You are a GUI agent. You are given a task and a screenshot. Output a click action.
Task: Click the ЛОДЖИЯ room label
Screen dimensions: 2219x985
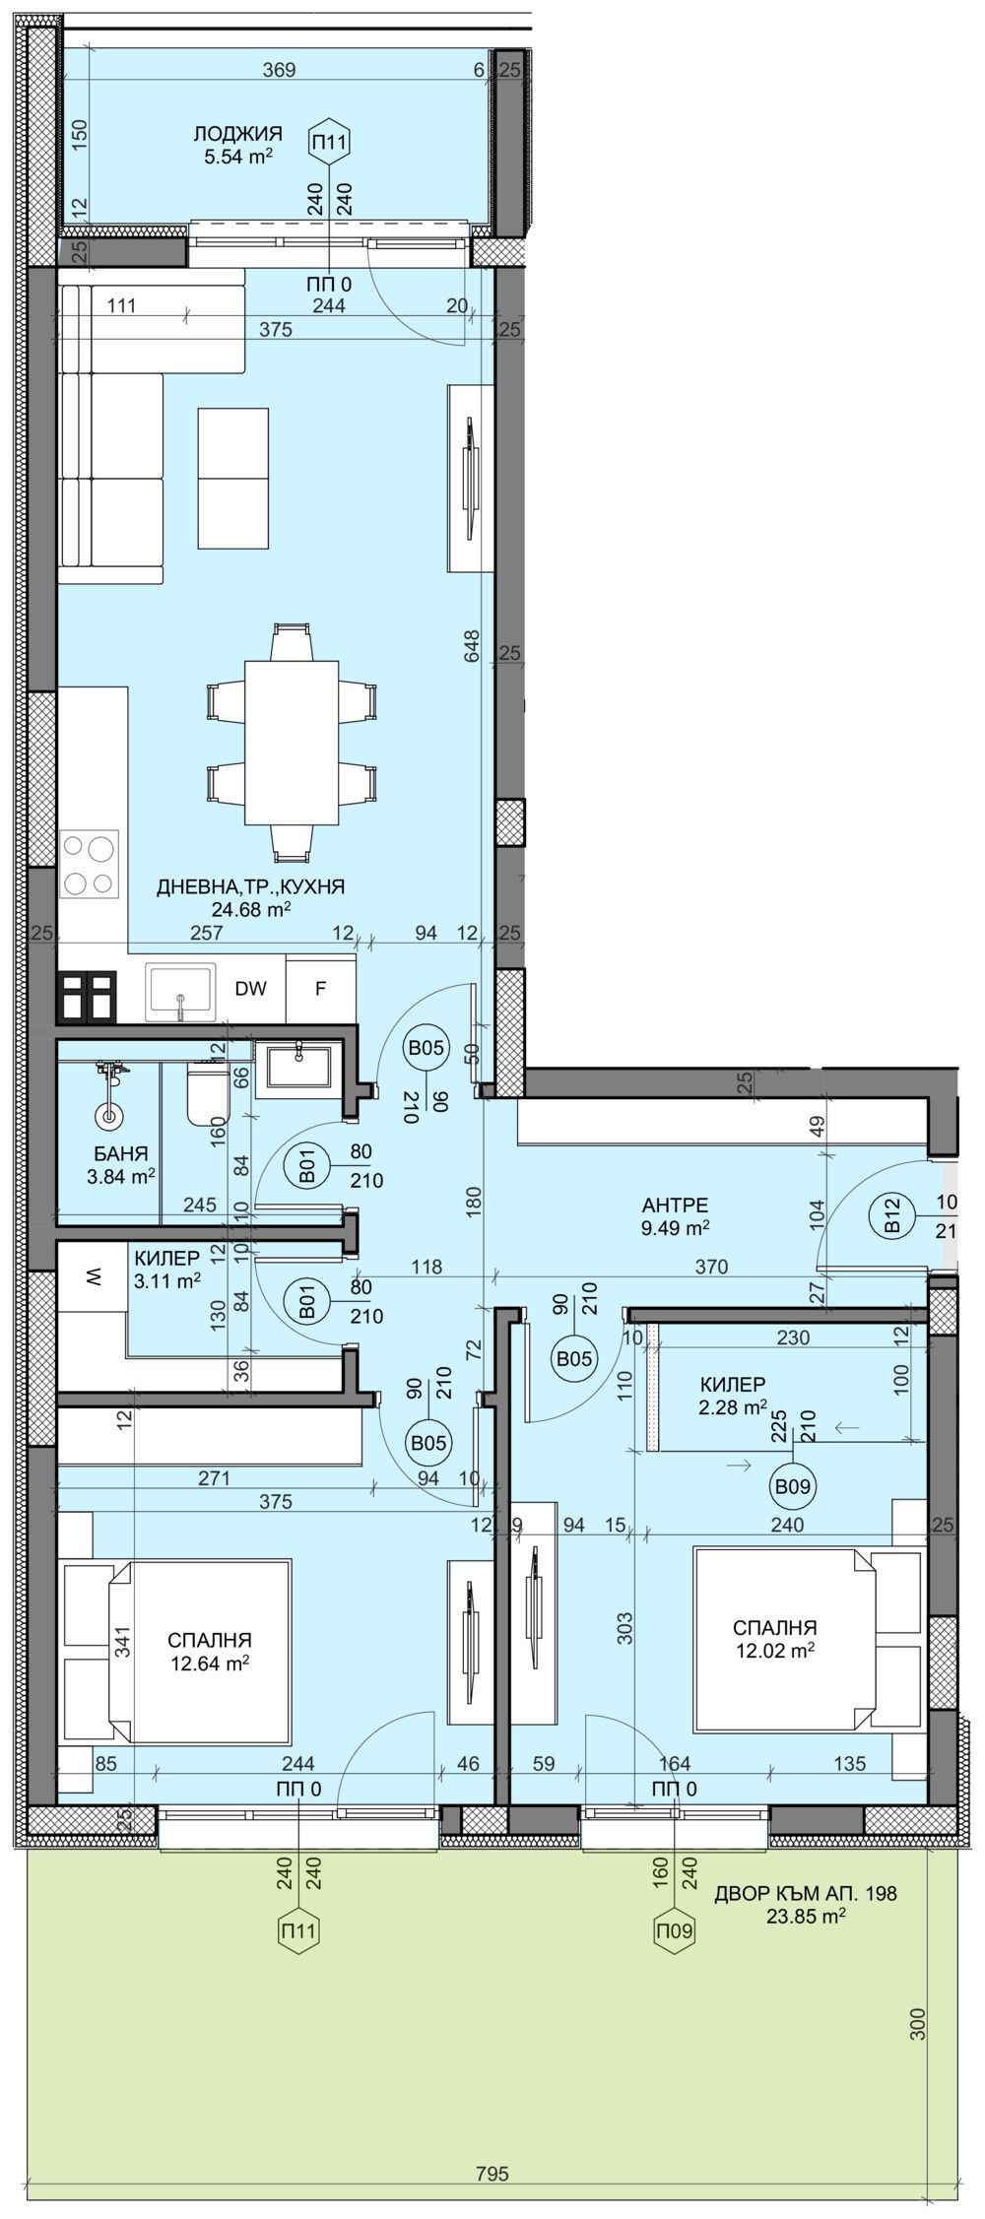pos(237,134)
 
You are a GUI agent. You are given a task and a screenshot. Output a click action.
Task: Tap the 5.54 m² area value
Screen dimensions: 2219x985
pos(237,156)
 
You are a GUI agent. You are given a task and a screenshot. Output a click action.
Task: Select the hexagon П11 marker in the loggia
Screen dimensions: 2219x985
pos(329,143)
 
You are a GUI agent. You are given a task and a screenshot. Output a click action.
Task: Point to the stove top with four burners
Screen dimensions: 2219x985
pos(88,864)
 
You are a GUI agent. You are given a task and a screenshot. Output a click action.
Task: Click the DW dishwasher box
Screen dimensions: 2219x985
pos(250,989)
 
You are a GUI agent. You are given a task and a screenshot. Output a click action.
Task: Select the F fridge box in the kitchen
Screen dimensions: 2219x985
pos(320,989)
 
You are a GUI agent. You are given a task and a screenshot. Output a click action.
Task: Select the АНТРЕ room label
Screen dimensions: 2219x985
pos(675,1205)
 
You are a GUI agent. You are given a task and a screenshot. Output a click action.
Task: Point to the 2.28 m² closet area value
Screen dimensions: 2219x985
pos(733,1407)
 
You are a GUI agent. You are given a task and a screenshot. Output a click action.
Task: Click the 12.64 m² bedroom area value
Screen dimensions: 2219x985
pos(208,1663)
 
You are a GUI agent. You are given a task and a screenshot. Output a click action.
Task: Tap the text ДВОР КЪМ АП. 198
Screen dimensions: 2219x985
pos(805,1893)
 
